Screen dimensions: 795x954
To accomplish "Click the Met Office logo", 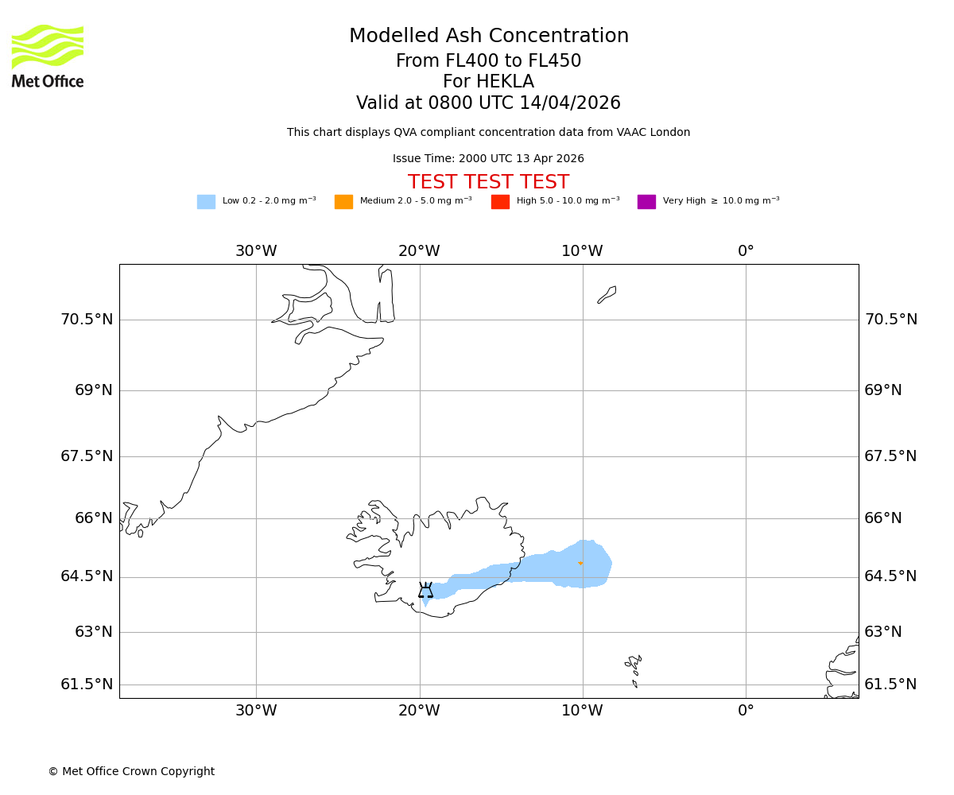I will tap(48, 56).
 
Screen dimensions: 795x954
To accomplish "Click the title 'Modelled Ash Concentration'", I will tap(488, 37).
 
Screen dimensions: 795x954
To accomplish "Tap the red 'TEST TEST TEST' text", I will tap(488, 182).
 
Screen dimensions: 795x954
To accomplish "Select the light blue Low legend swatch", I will tap(206, 202).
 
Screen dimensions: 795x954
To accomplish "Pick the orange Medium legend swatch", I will tap(343, 202).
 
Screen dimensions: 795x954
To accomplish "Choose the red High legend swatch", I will tap(500, 202).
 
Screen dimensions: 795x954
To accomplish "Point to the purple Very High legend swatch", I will tap(646, 202).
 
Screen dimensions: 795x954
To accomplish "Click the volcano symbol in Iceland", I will tap(426, 590).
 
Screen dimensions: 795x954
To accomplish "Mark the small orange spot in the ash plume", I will tap(580, 563).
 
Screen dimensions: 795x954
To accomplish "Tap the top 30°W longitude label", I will tap(256, 251).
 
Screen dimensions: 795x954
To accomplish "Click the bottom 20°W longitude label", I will tap(419, 711).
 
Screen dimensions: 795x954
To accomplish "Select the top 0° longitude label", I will tap(746, 251).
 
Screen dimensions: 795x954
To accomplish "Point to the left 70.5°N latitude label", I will tap(87, 320).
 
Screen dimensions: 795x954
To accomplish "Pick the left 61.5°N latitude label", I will tap(87, 684).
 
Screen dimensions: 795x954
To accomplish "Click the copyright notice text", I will tap(131, 771).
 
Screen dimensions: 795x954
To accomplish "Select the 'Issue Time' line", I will tap(488, 159).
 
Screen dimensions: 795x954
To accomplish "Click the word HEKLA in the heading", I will tap(505, 82).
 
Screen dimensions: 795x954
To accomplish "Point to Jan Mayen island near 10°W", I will tap(607, 294).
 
